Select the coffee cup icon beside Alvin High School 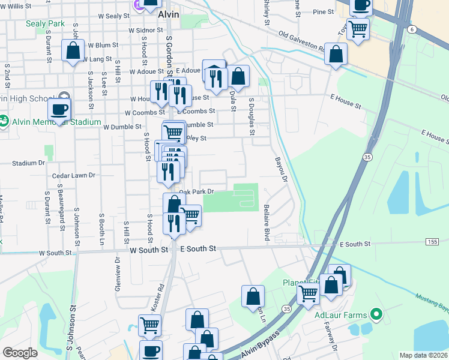tap(59, 109)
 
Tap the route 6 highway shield tap(411, 28)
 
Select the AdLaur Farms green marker tap(376, 313)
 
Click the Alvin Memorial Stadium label tap(55, 122)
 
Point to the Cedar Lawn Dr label tap(74, 175)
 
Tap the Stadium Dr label tap(29, 162)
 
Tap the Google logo tap(20, 353)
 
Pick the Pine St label tap(323, 11)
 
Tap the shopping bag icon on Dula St tap(238, 76)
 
